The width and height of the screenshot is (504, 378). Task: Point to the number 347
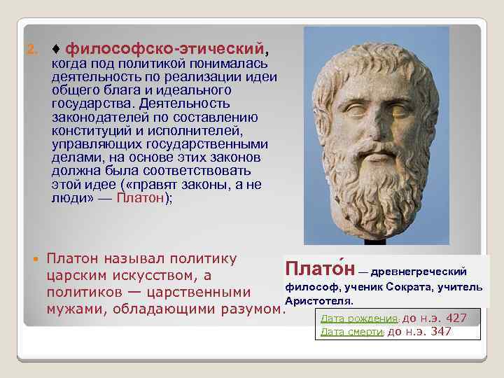(x=440, y=331)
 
